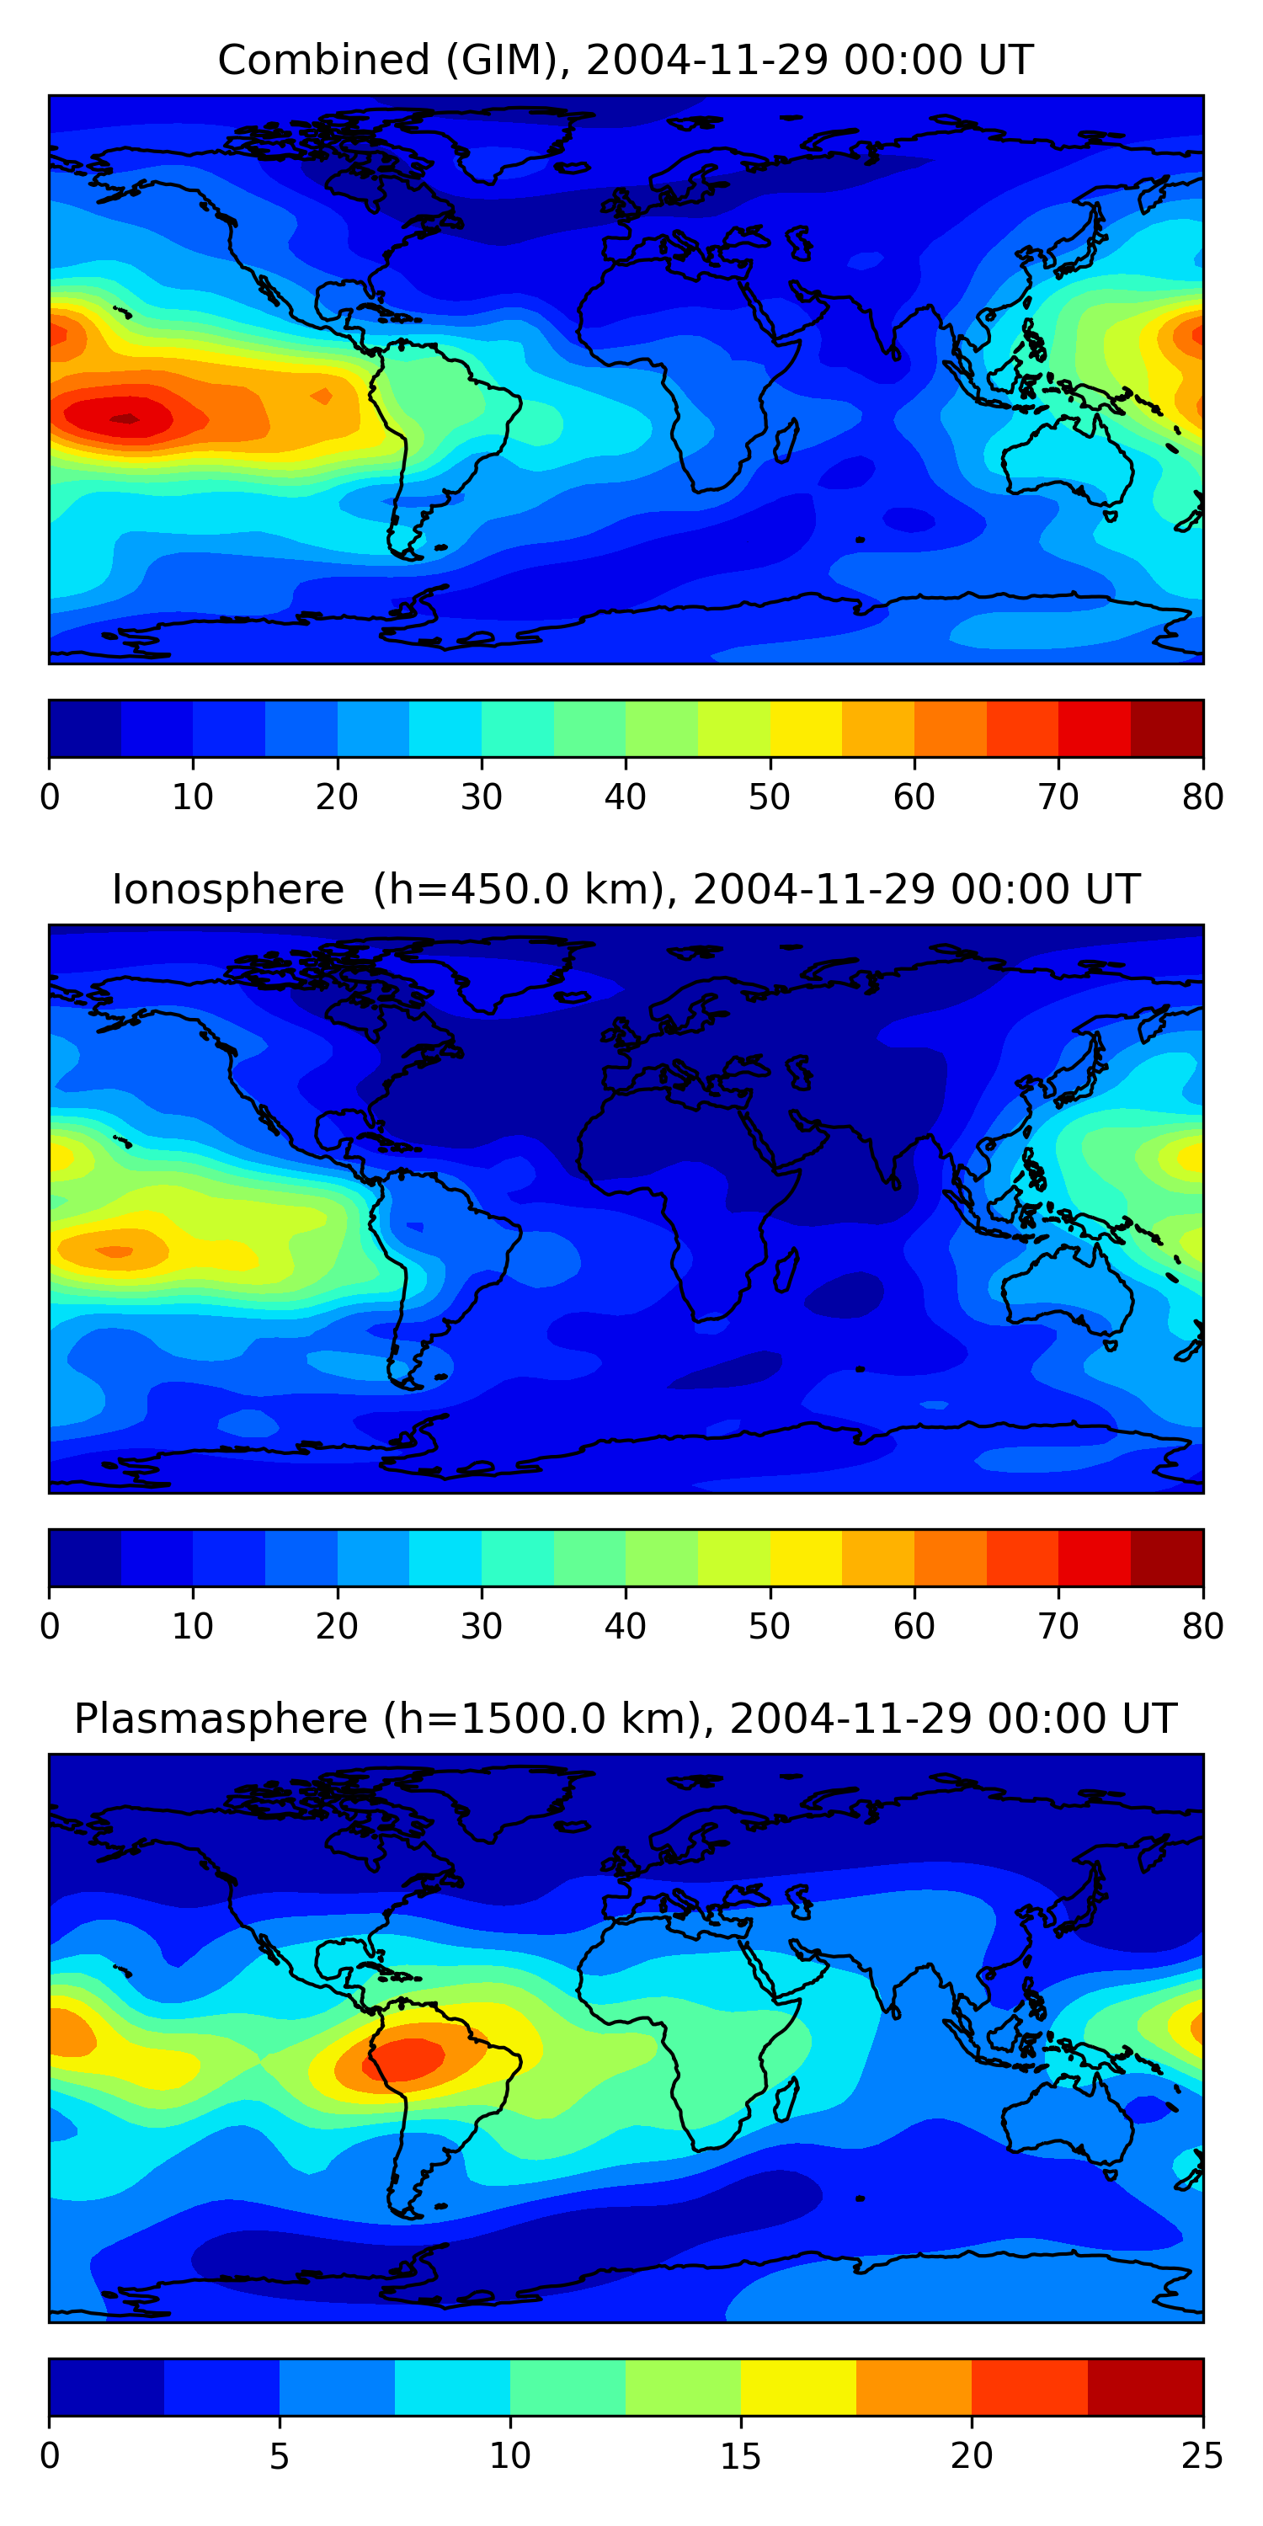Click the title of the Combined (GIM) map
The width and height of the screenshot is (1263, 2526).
(626, 60)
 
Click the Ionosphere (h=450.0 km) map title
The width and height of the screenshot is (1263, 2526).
(626, 889)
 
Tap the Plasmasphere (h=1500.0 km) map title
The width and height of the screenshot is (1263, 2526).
(626, 1719)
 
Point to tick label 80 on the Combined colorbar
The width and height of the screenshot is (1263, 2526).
(1202, 797)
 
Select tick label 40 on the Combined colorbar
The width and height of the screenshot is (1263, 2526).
(626, 797)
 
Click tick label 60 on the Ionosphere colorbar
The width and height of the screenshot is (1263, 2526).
(914, 1627)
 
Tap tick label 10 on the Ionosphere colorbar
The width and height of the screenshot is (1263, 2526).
(193, 1627)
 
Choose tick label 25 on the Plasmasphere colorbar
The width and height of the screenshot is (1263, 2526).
(1202, 2456)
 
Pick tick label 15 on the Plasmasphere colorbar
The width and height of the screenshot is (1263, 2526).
(741, 2456)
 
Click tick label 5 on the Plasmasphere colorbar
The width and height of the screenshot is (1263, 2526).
(280, 2456)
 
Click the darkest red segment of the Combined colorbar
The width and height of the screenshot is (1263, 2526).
(1167, 728)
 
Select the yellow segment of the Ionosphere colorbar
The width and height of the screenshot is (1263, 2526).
(806, 1559)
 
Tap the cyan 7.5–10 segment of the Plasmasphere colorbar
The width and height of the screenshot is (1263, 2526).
(452, 2388)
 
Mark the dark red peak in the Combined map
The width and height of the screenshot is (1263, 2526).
(125, 418)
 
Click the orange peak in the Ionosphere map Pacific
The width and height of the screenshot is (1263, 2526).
(115, 1251)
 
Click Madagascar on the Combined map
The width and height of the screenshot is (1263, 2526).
(786, 441)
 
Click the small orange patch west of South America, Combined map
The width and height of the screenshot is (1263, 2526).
(321, 396)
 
